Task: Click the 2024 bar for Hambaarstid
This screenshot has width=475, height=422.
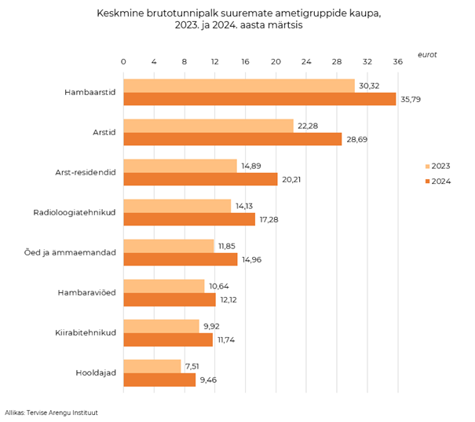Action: tap(259, 99)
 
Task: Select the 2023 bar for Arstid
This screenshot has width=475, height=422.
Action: tap(208, 126)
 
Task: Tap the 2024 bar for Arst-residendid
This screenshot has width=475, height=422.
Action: tap(200, 179)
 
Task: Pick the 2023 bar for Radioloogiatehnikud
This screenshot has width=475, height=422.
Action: tap(177, 206)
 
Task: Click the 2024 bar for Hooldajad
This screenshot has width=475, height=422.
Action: tap(159, 380)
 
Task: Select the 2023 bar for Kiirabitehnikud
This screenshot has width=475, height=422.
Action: tap(161, 326)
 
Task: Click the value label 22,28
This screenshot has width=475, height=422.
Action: tap(308, 126)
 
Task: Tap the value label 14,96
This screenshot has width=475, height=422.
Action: tap(252, 259)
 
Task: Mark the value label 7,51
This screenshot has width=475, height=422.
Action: tap(193, 366)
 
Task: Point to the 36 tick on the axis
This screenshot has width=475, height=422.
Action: tap(397, 61)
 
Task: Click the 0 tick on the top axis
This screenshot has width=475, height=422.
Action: tap(123, 61)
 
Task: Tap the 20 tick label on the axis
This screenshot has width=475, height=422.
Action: tap(276, 61)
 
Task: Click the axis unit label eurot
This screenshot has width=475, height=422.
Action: tap(427, 54)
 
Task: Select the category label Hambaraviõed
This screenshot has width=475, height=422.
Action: tap(87, 293)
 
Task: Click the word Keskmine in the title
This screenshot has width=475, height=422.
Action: tap(120, 13)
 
